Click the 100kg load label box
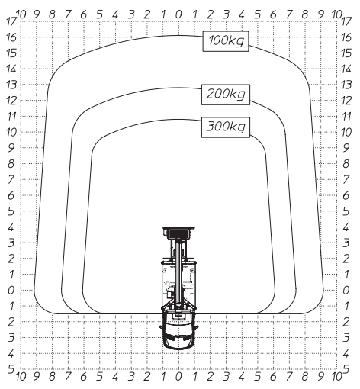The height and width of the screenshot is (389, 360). pos(226,41)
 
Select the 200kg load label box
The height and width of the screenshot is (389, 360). pos(226,95)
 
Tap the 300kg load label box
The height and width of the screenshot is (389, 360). pos(226,127)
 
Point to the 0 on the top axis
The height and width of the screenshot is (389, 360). pos(178,14)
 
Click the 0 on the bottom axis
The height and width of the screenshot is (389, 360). pos(178,377)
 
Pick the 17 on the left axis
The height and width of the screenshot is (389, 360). pos(11,21)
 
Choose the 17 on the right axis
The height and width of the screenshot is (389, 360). pos(346,21)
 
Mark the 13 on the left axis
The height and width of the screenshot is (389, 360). pos(11,85)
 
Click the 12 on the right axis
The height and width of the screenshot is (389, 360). pos(346,101)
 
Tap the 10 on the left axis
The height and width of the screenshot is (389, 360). pos(11,132)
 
